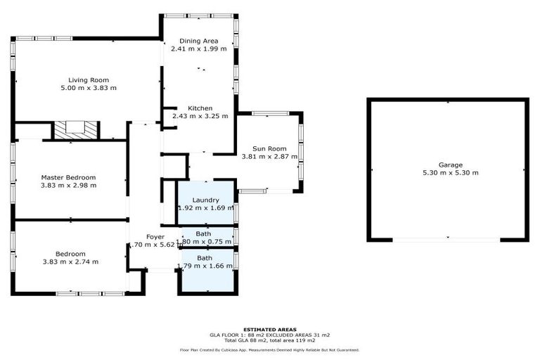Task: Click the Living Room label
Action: pos(89,80)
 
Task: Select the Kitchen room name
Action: pos(199,108)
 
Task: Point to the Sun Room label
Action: pos(269,149)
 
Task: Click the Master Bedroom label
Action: pos(68,178)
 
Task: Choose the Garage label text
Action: pos(451,165)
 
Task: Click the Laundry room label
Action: pos(205,200)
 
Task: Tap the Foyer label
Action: pos(155,237)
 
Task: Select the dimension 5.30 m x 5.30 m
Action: pos(451,173)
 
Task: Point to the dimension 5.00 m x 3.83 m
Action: pos(89,89)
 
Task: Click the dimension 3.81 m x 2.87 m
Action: pos(269,157)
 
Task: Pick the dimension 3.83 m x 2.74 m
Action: pos(71,262)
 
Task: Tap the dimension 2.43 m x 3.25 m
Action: pos(199,116)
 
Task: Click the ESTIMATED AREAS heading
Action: pos(270,329)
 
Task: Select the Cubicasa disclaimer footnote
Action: pos(270,349)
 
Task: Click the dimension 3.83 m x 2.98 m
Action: pos(68,186)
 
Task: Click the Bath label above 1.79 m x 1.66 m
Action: pos(204,258)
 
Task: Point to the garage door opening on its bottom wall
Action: pos(448,240)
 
